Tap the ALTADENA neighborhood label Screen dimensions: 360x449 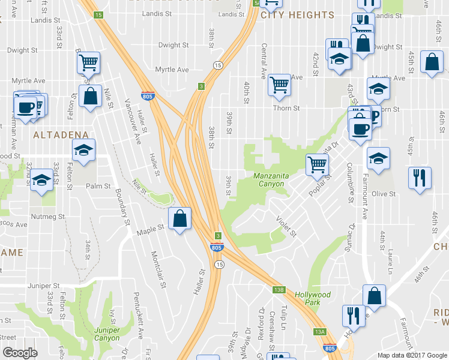[61, 135]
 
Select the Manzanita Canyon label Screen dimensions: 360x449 [264, 179]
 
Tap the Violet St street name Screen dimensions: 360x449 [285, 226]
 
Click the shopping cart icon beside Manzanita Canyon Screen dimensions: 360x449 [317, 163]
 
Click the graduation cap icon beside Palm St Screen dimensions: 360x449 [41, 180]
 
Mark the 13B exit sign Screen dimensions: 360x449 [278, 290]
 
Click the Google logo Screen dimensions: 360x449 [20, 353]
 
